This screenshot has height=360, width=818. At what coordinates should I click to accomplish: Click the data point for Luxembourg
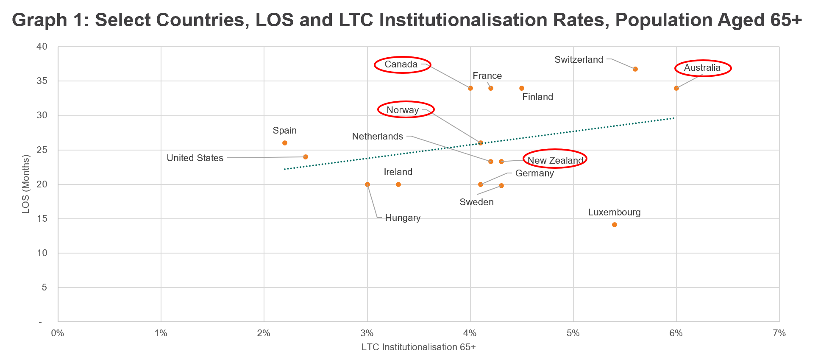614,225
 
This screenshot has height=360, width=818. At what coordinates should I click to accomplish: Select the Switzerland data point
635,69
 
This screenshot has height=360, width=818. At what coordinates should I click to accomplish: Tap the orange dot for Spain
285,143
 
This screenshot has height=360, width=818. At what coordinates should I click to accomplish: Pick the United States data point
305,157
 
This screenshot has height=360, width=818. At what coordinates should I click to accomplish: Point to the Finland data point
521,88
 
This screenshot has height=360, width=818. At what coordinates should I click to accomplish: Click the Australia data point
676,88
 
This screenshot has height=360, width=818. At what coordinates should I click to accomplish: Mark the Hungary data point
367,184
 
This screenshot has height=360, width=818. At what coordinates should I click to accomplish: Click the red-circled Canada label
401,64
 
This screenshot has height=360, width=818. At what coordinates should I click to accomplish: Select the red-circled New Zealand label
555,160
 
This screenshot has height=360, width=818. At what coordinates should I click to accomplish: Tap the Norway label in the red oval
403,110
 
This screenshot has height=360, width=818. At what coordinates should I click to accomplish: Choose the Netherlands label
377,137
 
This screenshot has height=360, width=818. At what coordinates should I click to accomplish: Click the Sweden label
476,202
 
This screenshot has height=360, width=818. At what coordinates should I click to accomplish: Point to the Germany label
534,173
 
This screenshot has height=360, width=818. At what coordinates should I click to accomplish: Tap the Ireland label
398,172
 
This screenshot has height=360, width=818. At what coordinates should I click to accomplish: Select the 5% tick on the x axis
573,333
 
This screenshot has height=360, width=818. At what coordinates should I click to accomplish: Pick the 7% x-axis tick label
779,333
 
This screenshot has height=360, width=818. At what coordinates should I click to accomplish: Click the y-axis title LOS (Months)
26,184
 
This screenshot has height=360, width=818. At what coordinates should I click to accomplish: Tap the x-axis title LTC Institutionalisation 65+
418,347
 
